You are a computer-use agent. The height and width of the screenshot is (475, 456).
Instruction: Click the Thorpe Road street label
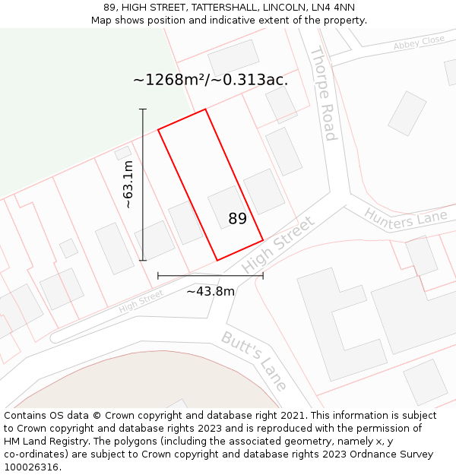pyautogui.click(x=323, y=95)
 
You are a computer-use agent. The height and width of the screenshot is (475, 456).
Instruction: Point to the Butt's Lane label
pyautogui.click(x=254, y=361)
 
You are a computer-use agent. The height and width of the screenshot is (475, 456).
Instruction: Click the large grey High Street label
pyautogui.click(x=277, y=245)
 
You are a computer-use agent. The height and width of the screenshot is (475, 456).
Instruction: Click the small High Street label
pyautogui.click(x=141, y=302)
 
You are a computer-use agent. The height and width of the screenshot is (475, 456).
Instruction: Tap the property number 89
pyautogui.click(x=238, y=219)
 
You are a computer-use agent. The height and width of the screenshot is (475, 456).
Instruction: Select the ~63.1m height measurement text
pyautogui.click(x=128, y=185)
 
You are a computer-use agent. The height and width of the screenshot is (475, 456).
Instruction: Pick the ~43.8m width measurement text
pyautogui.click(x=211, y=291)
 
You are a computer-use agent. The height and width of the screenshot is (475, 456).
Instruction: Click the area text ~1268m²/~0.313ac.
pyautogui.click(x=211, y=80)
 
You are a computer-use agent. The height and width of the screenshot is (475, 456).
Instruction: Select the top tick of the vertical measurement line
pyautogui.click(x=143, y=109)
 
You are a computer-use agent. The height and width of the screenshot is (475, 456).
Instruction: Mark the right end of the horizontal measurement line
pyautogui.click(x=263, y=275)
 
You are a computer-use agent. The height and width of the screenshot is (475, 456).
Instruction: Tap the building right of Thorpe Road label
pyautogui.click(x=407, y=113)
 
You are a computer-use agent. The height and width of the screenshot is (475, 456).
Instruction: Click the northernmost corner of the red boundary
pyautogui.click(x=205, y=109)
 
